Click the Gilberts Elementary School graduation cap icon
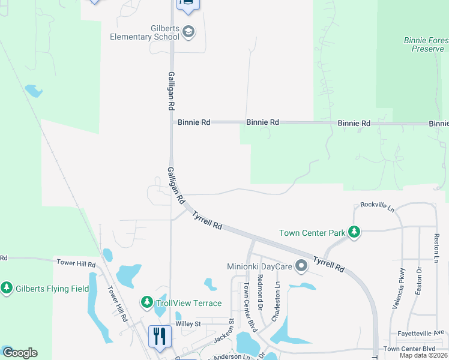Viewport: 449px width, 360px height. pyautogui.click(x=188, y=32)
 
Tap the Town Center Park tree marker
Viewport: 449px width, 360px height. pyautogui.click(x=354, y=232)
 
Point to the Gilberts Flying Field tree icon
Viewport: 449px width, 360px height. pyautogui.click(x=7, y=289)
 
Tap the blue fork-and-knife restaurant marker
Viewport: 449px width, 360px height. pyautogui.click(x=160, y=336)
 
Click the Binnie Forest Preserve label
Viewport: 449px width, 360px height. pyautogui.click(x=426, y=44)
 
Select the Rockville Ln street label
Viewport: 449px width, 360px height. pyautogui.click(x=378, y=205)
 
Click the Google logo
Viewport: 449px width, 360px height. pyautogui.click(x=19, y=353)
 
